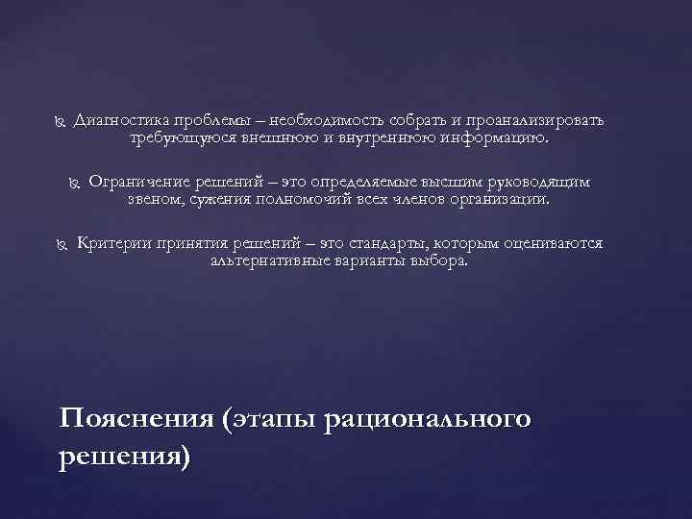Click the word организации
click(504, 199)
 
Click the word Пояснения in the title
click(134, 421)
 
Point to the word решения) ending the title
click(124, 456)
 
